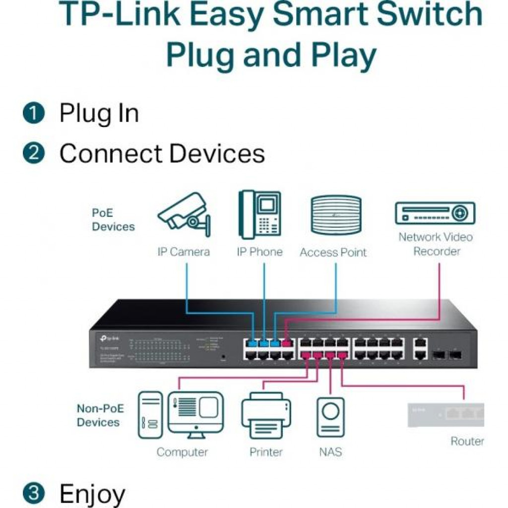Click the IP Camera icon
[184, 214]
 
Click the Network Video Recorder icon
[435, 213]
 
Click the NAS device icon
[330, 417]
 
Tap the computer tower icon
[150, 415]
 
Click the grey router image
[445, 415]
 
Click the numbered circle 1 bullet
[34, 114]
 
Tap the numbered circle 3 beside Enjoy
[34, 494]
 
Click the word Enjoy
[92, 494]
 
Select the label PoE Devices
[113, 220]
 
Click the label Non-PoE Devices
[99, 415]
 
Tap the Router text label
[467, 441]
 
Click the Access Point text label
[333, 253]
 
